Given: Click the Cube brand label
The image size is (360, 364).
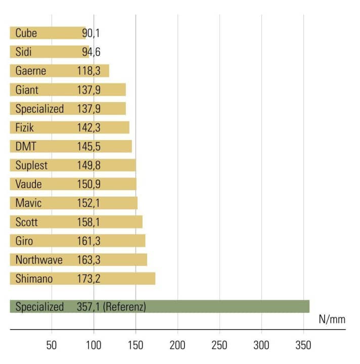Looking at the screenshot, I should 26,33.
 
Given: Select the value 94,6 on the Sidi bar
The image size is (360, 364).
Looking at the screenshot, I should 91,52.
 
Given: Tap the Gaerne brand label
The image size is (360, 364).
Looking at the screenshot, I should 30,71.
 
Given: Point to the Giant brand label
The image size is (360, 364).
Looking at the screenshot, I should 27,90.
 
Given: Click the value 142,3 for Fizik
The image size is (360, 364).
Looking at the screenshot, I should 88,128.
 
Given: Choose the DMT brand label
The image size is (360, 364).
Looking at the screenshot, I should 26,147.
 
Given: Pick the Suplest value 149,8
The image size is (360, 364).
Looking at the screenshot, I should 88,165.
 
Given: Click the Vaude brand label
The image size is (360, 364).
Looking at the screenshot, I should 28,184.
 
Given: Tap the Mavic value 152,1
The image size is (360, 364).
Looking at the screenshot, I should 88,203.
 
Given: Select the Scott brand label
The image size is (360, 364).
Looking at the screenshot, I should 27,222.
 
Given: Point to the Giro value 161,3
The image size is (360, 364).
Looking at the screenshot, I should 88,241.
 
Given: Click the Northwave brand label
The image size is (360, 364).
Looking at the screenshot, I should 39,260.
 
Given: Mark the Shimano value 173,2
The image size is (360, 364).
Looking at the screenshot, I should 88,279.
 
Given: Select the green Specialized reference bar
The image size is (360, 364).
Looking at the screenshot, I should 228,306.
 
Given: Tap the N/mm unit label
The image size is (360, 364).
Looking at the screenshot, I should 332,319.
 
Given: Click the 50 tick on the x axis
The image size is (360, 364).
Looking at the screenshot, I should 52,345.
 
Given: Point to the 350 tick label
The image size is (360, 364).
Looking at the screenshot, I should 303,345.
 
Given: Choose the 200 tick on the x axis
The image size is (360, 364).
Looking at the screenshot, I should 177,345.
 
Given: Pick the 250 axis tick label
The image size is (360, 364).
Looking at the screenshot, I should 219,345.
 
